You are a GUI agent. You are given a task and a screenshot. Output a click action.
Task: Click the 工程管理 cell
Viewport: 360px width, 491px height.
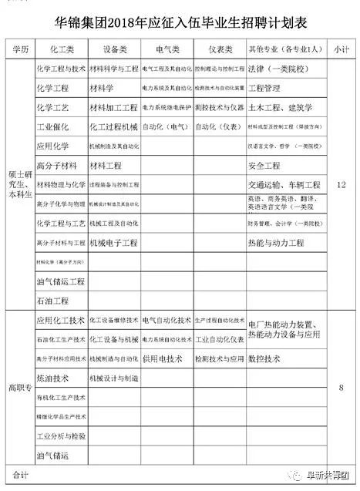266,89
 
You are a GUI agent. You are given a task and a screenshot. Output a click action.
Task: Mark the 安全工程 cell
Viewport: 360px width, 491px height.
264,166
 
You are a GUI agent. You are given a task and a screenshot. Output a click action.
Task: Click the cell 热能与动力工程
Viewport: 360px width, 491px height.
275,243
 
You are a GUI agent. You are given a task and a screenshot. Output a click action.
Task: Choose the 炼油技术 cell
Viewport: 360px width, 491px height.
52,378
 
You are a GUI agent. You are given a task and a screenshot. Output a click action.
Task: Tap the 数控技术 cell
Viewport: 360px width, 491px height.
264,359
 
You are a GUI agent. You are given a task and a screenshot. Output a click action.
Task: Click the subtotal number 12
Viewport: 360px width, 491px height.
342,185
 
